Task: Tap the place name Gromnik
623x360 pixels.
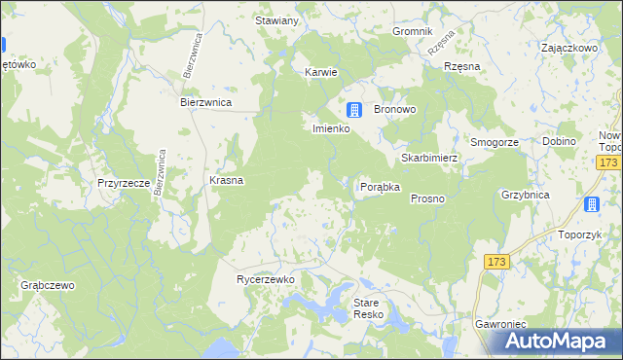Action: pos(412,31)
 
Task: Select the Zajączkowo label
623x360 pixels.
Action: pos(568,47)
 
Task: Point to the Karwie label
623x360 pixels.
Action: pos(321,72)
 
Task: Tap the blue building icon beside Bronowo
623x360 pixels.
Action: pos(355,110)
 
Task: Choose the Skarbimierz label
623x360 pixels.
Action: pos(429,158)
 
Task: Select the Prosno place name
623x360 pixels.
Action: pos(427,198)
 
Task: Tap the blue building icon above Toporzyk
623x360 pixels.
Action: pos(591,204)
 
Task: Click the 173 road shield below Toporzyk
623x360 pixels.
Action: pos(497,262)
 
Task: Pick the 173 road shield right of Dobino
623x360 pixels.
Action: pos(610,162)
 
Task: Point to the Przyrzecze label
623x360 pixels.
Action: pos(123,182)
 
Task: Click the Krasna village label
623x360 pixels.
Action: pos(226,180)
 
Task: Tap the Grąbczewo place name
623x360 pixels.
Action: pos(48,286)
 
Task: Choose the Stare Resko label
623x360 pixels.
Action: pos(371,309)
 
